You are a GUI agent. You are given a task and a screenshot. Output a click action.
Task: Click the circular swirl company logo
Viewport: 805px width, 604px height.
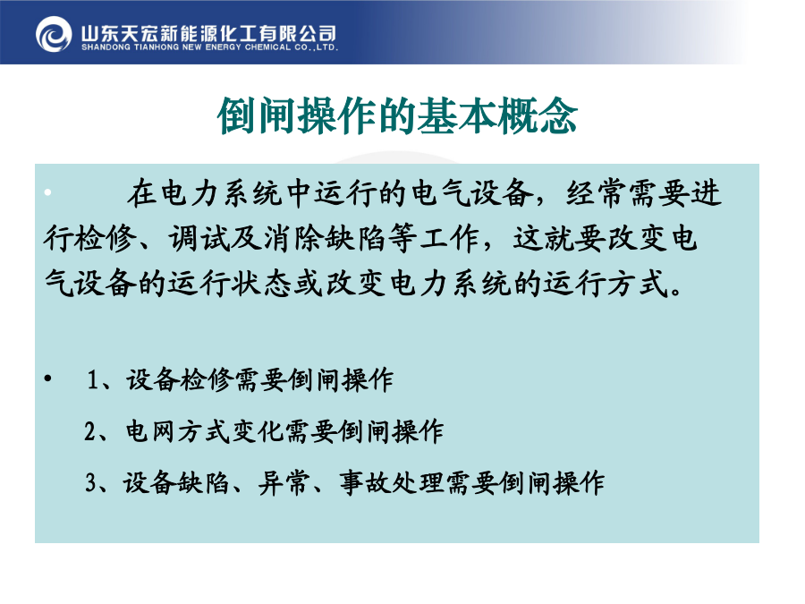(54, 34)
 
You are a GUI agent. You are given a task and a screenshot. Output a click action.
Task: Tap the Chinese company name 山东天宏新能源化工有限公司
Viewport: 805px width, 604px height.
(208, 33)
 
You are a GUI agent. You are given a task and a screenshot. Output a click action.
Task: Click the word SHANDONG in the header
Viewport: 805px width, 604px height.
(106, 47)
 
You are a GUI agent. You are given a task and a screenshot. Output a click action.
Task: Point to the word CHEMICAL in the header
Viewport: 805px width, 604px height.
(267, 47)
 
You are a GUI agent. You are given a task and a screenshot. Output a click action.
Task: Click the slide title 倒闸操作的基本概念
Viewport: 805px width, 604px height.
(397, 116)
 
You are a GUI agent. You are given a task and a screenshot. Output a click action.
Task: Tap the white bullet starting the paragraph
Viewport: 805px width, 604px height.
(47, 192)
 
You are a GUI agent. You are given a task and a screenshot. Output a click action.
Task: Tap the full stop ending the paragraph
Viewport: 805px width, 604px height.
(675, 293)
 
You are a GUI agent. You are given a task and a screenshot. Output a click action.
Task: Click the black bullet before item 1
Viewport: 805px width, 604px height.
(47, 379)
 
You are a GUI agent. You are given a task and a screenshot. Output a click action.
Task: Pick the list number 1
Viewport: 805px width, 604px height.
(93, 380)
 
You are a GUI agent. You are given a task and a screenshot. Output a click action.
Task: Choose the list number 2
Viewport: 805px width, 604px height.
(89, 431)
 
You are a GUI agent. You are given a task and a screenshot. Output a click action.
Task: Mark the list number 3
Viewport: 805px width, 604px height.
(91, 483)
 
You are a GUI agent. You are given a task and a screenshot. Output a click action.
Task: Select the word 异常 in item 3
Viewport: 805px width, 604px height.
(284, 483)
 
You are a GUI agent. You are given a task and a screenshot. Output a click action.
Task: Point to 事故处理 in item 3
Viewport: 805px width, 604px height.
(391, 483)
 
